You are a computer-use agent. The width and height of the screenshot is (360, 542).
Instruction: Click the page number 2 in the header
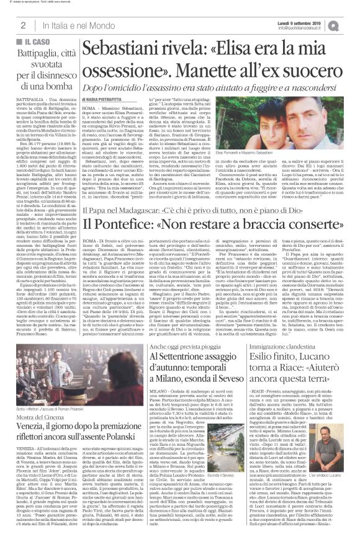click(x=22, y=24)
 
